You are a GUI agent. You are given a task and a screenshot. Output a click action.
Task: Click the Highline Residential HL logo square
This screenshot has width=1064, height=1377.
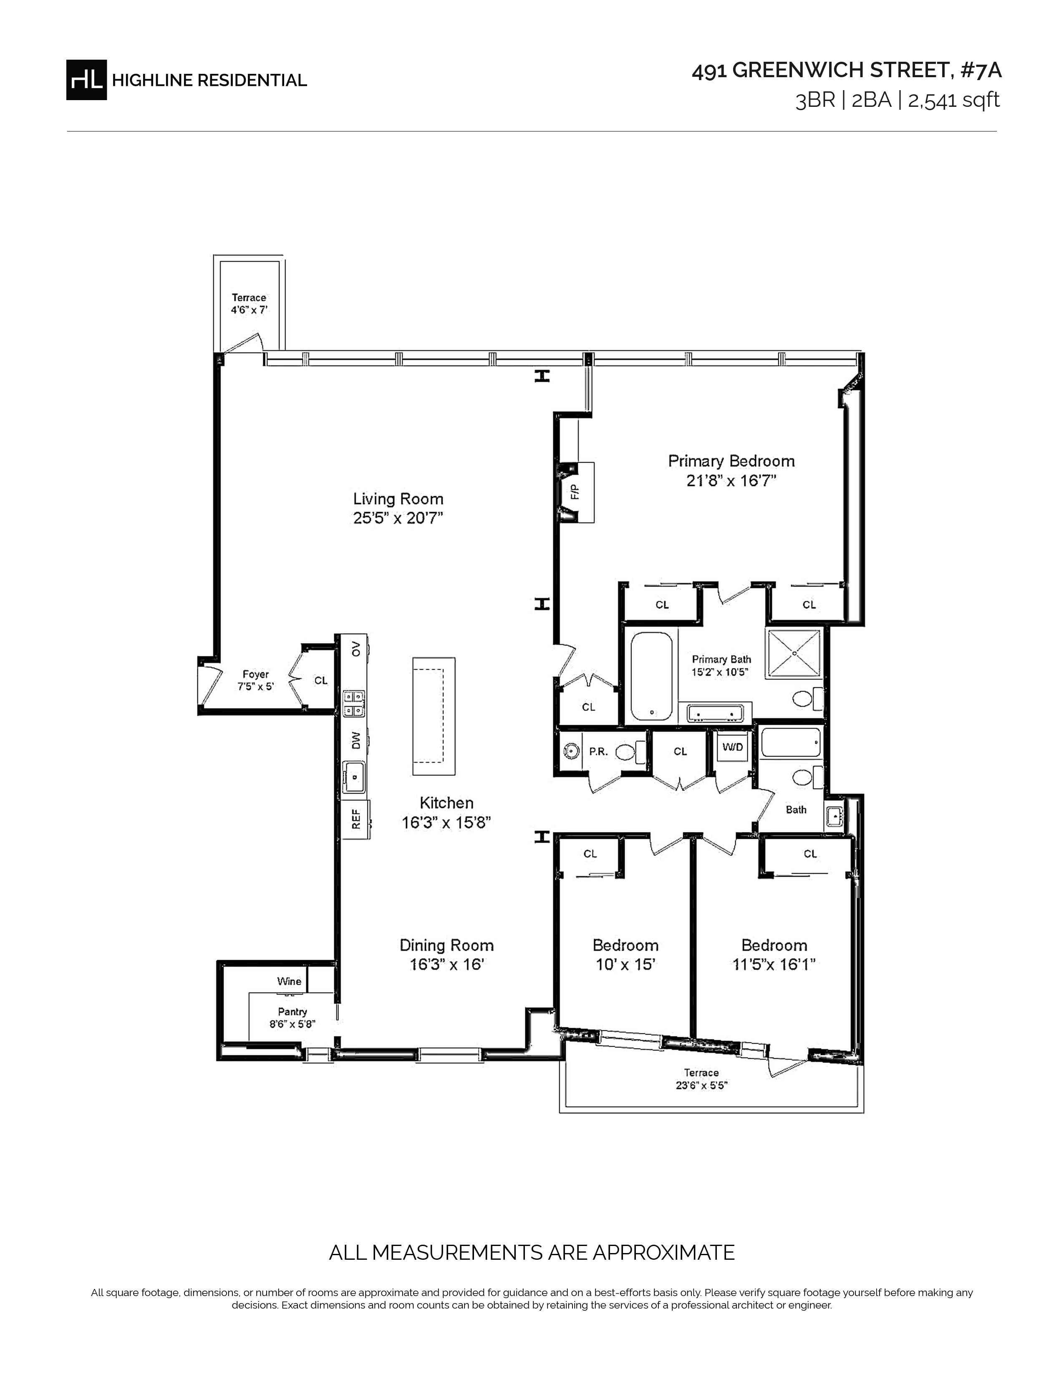point(86,79)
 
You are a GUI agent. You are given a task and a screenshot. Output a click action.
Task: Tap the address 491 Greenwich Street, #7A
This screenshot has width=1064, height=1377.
point(847,71)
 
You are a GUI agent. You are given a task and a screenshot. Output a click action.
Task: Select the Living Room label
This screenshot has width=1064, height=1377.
point(398,499)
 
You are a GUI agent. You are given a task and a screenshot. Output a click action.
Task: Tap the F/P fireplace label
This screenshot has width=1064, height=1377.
point(574,492)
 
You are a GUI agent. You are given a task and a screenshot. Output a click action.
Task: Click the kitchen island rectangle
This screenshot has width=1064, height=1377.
point(434,716)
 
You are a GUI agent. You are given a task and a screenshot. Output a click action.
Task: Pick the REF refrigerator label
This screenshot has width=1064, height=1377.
point(356,819)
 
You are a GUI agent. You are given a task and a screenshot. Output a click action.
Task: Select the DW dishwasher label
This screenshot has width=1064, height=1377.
point(356,741)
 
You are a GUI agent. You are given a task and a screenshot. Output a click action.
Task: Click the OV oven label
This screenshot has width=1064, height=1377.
point(356,648)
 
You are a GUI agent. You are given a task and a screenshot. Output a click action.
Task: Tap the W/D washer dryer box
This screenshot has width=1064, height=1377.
point(732,747)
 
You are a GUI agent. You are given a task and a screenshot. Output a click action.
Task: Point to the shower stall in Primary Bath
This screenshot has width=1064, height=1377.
point(794,653)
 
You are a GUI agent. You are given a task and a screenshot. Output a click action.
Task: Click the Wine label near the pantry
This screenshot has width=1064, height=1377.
point(289,981)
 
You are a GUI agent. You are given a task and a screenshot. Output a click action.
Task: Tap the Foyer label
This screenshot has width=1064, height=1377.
point(255,674)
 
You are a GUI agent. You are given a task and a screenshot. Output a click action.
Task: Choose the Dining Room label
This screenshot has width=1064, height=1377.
point(447,945)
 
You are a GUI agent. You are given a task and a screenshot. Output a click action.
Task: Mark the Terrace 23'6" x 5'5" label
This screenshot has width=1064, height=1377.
point(701,1079)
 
